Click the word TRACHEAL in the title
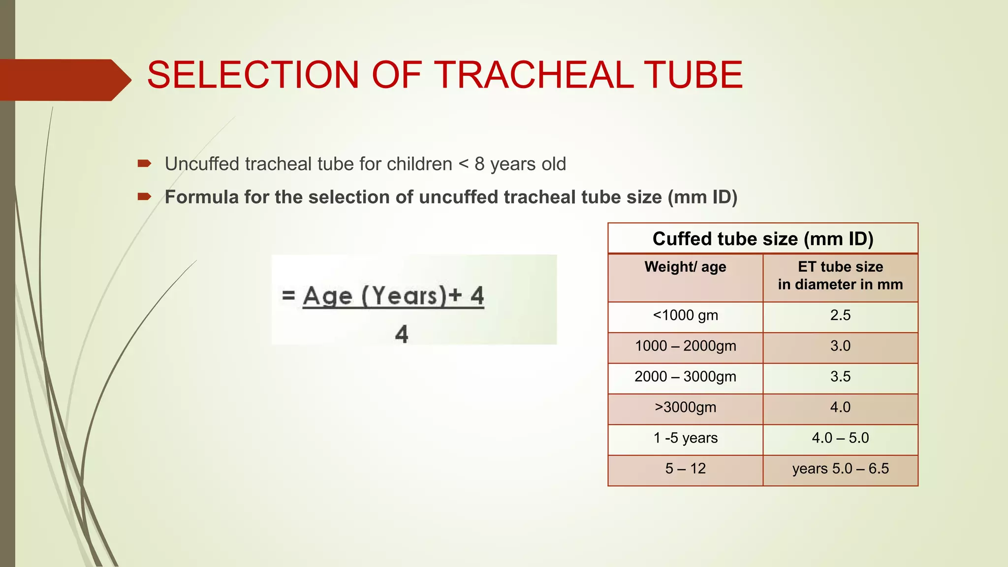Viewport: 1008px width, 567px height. click(x=534, y=75)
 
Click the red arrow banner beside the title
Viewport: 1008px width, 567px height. click(x=64, y=80)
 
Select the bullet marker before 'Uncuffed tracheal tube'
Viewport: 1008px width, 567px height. click(x=144, y=163)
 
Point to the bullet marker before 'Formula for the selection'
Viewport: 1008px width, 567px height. click(x=144, y=197)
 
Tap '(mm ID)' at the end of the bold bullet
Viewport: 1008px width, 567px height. click(x=702, y=197)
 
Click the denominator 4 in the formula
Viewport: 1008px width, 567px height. click(x=402, y=334)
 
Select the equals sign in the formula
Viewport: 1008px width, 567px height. click(x=288, y=295)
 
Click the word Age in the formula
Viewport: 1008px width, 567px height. click(x=327, y=296)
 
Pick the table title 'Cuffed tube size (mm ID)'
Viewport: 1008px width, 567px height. click(x=762, y=239)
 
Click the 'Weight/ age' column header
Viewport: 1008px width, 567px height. click(x=685, y=267)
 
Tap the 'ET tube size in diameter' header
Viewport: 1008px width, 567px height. click(x=840, y=276)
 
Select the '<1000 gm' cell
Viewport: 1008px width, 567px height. click(x=685, y=315)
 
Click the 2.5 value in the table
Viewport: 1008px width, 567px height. click(x=840, y=315)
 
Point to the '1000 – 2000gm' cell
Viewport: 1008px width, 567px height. click(x=685, y=346)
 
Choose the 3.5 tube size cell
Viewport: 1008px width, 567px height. click(x=840, y=377)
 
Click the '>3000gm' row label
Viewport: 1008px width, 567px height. click(x=685, y=407)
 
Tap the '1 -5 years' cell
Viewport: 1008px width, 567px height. click(x=685, y=438)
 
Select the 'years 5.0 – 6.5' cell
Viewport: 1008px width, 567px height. click(x=840, y=469)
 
